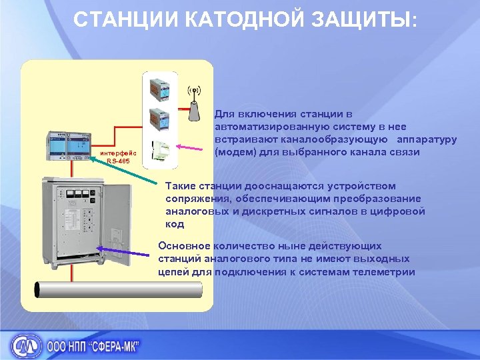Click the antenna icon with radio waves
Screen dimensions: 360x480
coord(194,103)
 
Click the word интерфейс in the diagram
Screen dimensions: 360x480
coord(117,153)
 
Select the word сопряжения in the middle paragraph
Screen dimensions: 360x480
coord(197,199)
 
